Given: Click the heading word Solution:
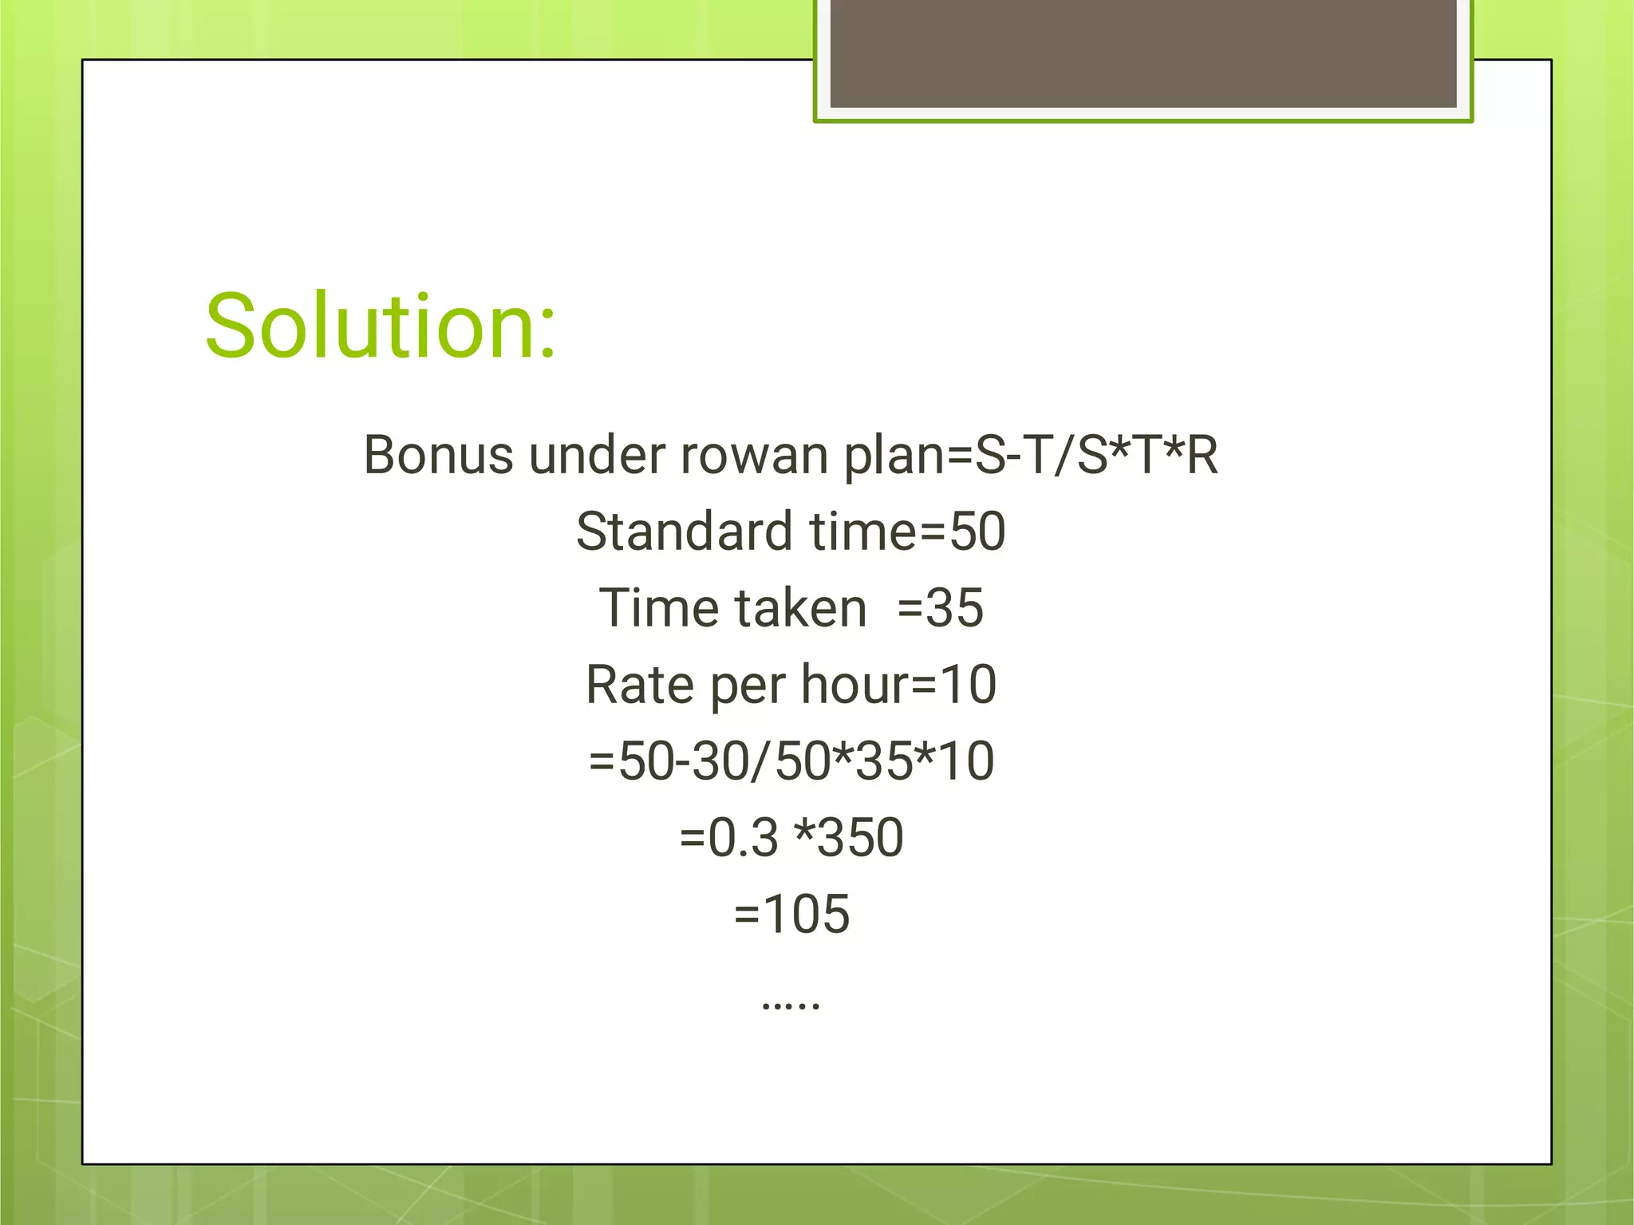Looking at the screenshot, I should coord(380,326).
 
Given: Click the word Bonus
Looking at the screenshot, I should coord(438,455).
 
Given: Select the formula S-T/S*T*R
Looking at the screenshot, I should coord(1096,455).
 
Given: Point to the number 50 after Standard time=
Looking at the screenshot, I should coord(977,531).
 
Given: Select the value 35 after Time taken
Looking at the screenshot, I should coord(956,608).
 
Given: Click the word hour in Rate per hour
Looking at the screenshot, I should coord(854,685).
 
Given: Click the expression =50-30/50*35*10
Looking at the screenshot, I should coord(791,761).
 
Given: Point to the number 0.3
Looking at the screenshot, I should coord(743,838).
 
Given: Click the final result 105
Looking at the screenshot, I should coord(807,914).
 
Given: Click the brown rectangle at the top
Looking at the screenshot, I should coord(1143,53).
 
